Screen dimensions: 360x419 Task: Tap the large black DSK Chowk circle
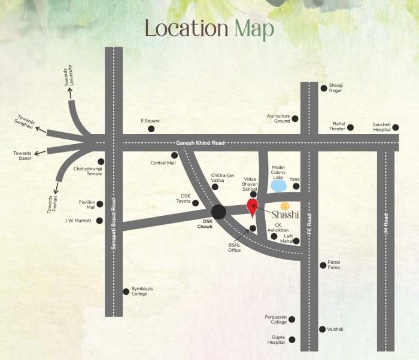tap(219, 212)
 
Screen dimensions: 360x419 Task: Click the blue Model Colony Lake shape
tap(278, 186)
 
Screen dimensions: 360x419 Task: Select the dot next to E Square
tap(151, 128)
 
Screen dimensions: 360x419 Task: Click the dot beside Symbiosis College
tap(126, 292)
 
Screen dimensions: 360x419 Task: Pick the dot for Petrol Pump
tap(323, 264)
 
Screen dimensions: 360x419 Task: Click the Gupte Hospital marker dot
tap(292, 340)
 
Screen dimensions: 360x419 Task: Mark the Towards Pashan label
tap(53, 205)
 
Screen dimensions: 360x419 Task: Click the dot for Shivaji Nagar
tap(324, 88)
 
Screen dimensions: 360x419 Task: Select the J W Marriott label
tap(78, 220)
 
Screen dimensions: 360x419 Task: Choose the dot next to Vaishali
tap(323, 329)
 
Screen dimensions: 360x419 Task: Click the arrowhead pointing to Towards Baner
tap(37, 152)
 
